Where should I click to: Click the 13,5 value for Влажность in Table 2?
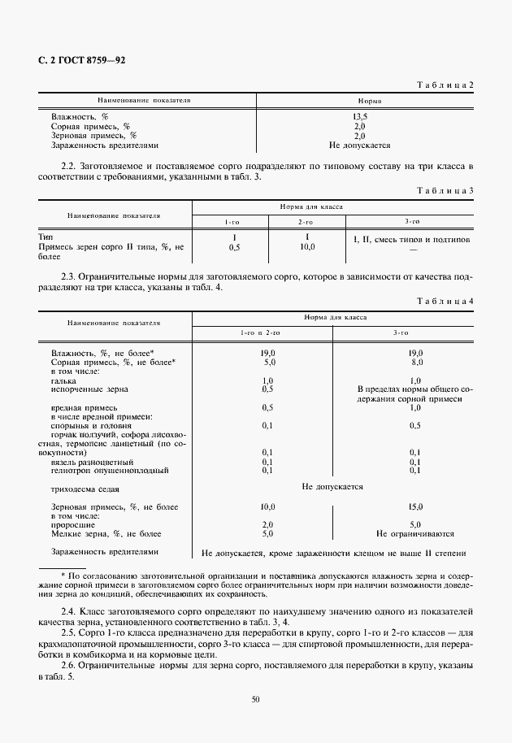pyautogui.click(x=359, y=117)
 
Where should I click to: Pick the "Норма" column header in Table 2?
pyautogui.click(x=359, y=102)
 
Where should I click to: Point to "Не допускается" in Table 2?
pyautogui.click(x=359, y=146)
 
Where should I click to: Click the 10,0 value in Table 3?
pyautogui.click(x=306, y=246)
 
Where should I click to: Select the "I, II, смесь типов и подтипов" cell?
pyautogui.click(x=411, y=240)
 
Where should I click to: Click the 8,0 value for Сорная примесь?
pyautogui.click(x=414, y=363)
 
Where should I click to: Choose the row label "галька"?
pyautogui.click(x=63, y=380)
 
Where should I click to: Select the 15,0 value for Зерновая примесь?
pyautogui.click(x=414, y=506)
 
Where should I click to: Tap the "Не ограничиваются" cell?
pyautogui.click(x=414, y=534)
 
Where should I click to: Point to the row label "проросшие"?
pyautogui.click(x=72, y=524)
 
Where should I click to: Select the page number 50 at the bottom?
pyautogui.click(x=256, y=697)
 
